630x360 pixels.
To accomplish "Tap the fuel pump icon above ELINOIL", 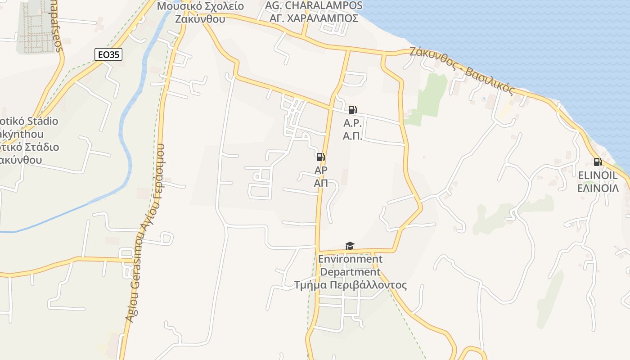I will coord(598,162).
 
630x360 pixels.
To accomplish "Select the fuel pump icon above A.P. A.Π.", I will coord(352,110).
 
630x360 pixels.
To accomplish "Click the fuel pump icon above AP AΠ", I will coord(321,157).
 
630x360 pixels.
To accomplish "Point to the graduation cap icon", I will coord(350,246).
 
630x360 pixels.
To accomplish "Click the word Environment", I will coord(350,259).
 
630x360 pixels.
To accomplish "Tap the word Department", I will coord(350,272).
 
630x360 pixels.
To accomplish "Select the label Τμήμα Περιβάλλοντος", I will coord(350,285).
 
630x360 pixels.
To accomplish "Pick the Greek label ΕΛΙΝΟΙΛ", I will coord(598,188).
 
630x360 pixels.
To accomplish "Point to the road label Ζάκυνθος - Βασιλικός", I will coord(462,70).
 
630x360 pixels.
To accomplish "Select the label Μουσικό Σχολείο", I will coord(200,6).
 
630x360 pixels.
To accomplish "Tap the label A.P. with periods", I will coord(353,123).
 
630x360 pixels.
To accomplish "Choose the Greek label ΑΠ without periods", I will coord(321,183).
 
